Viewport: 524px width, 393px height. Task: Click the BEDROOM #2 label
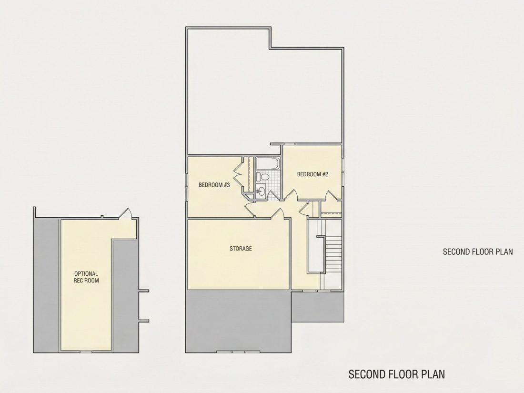pos(312,174)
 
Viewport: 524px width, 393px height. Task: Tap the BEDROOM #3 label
pos(214,185)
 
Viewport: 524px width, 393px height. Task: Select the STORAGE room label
pos(241,249)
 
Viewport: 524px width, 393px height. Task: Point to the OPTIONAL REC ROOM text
pos(86,277)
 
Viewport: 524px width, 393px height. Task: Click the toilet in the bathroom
pos(264,177)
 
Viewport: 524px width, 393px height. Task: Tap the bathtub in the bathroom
pos(268,163)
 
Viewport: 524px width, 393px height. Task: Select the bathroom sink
pos(262,191)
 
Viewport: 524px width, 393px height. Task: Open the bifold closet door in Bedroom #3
pos(238,175)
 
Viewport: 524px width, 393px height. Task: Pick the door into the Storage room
pos(277,213)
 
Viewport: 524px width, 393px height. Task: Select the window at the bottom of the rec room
pos(86,351)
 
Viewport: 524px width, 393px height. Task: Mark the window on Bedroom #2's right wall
pos(343,166)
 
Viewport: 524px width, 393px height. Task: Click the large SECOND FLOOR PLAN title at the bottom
pos(397,374)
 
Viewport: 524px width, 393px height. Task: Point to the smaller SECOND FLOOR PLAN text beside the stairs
pos(478,252)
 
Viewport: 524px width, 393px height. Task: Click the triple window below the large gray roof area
pos(238,352)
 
